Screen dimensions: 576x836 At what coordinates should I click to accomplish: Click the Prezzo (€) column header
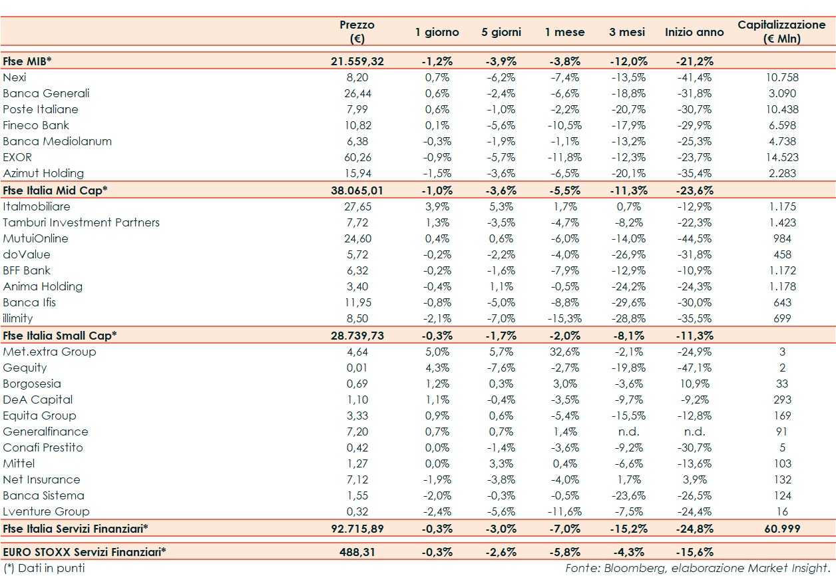[x=357, y=32]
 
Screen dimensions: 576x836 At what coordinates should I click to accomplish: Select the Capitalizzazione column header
[x=781, y=32]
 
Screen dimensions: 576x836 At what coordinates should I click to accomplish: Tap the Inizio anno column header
[x=694, y=32]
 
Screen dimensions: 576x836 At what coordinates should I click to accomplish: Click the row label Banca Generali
[x=46, y=93]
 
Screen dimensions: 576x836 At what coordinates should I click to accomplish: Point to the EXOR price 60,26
[x=357, y=157]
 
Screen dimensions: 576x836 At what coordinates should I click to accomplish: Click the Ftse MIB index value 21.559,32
[x=357, y=61]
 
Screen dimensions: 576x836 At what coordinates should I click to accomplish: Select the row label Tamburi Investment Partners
[x=81, y=222]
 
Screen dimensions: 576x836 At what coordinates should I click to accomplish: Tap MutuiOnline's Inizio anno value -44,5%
[x=694, y=238]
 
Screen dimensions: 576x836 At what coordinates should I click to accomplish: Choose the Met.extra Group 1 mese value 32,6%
[x=564, y=352]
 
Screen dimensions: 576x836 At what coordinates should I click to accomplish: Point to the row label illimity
[x=18, y=318]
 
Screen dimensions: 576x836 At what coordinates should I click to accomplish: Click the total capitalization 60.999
[x=781, y=529]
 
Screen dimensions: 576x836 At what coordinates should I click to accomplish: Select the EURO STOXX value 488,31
[x=357, y=552]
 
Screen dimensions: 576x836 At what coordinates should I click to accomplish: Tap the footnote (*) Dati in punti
[x=44, y=568]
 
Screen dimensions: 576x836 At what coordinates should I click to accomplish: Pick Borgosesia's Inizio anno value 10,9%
[x=694, y=384]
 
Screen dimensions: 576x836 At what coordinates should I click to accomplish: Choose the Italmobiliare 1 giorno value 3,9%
[x=437, y=206]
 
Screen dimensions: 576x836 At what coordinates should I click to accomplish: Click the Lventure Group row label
[x=46, y=511]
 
